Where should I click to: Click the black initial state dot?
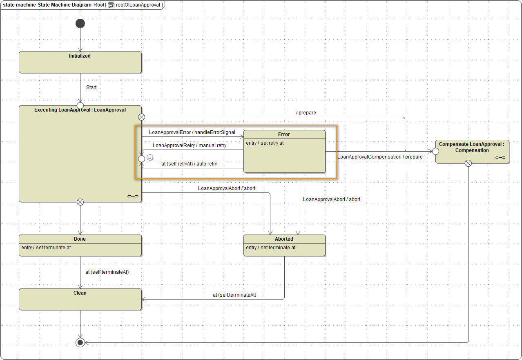pyautogui.click(x=80, y=24)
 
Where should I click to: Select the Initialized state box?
pyautogui.click(x=80, y=63)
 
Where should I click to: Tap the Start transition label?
pyautogui.click(x=91, y=87)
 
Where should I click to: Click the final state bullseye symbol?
pyautogui.click(x=80, y=342)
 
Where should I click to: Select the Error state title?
pyautogui.click(x=284, y=134)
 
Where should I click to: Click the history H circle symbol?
pyautogui.click(x=150, y=158)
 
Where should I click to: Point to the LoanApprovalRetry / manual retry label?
pyautogui.click(x=190, y=145)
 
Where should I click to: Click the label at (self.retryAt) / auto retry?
pyautogui.click(x=189, y=164)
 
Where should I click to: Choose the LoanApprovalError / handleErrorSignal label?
pyautogui.click(x=192, y=132)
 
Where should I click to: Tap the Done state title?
pyautogui.click(x=80, y=239)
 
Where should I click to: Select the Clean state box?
pyautogui.click(x=80, y=299)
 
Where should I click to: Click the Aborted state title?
pyautogui.click(x=284, y=239)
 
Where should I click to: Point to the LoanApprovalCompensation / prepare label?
pyautogui.click(x=380, y=157)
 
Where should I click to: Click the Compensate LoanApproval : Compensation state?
pyautogui.click(x=472, y=148)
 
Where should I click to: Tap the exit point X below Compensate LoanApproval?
pyautogui.click(x=468, y=163)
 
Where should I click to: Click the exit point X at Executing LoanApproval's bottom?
pyautogui.click(x=80, y=202)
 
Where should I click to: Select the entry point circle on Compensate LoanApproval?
pyautogui.click(x=435, y=151)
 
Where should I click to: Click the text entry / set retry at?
pyautogui.click(x=265, y=143)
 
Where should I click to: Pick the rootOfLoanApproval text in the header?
pyautogui.click(x=138, y=5)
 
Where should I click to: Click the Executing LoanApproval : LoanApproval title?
pyautogui.click(x=80, y=110)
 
